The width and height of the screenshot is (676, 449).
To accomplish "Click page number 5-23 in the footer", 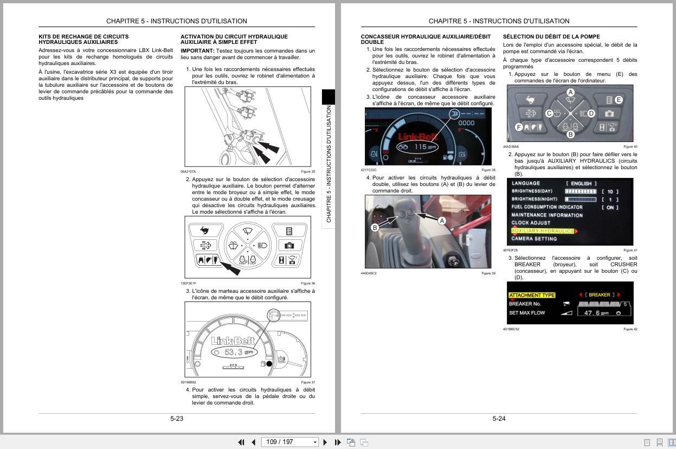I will (x=177, y=419).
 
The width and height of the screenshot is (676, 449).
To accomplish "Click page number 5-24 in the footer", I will (x=499, y=419).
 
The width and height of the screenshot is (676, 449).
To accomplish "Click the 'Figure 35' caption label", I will (x=308, y=171).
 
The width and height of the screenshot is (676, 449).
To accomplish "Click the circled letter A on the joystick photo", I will (x=441, y=221).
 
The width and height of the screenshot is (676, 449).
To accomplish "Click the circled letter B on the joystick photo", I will (x=375, y=228).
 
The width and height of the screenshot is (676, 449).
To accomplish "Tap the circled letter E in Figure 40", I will (x=619, y=100).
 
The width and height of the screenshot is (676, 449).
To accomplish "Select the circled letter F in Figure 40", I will (x=519, y=127).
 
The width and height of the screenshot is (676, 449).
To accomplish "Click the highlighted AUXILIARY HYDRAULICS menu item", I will (x=542, y=231).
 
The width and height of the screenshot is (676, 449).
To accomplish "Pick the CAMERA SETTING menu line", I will (x=534, y=239).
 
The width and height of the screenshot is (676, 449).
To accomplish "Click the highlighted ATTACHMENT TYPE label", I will (x=532, y=295).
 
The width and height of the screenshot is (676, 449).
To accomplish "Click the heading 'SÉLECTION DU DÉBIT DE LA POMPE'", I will (x=551, y=37).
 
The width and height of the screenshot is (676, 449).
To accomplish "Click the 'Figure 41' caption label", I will (x=630, y=250).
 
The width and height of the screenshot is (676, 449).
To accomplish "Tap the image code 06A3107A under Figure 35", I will (x=188, y=171).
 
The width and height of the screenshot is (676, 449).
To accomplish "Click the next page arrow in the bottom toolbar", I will (x=325, y=442).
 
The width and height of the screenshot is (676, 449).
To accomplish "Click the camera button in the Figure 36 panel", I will (x=289, y=246).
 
